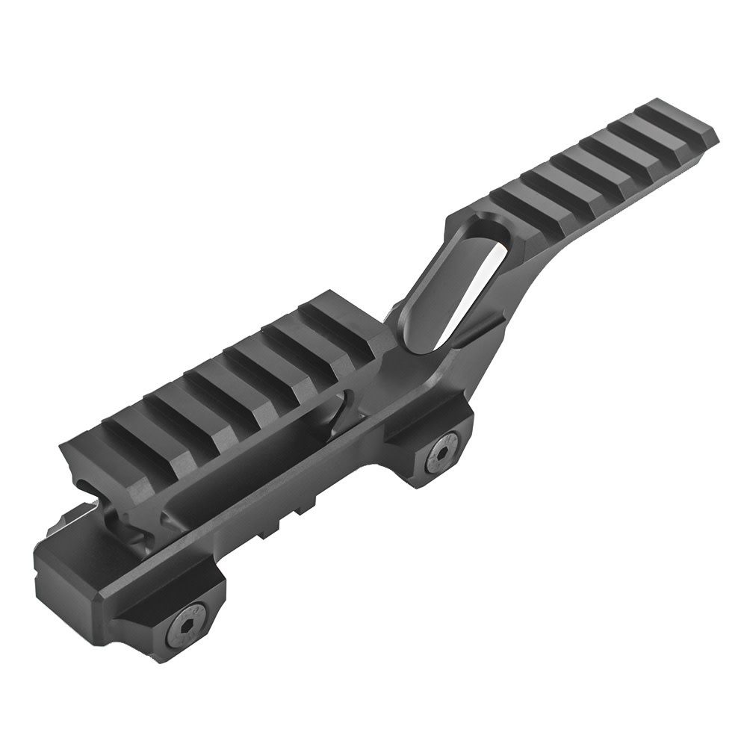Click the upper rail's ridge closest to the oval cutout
coord(515,196)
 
